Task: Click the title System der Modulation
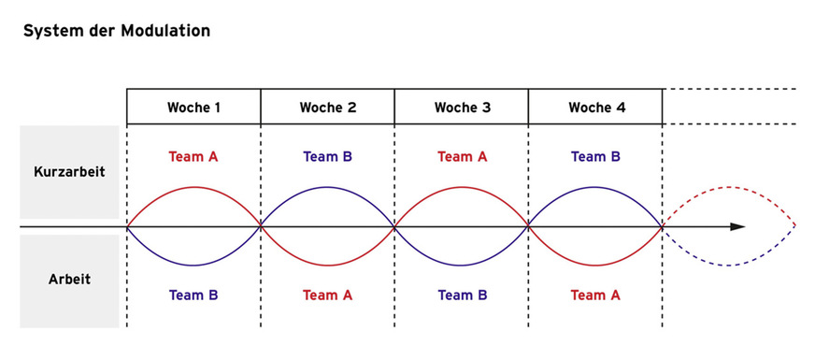116,31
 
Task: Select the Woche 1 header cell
193,108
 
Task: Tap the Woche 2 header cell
327,108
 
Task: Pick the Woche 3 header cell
462,108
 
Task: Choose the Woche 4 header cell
595,108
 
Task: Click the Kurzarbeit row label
69,173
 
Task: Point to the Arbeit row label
69,280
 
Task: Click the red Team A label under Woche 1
193,157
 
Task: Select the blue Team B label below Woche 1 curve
193,295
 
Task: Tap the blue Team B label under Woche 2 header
327,157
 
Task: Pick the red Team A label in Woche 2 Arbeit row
327,295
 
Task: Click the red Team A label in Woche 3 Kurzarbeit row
462,157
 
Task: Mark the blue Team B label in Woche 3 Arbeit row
462,295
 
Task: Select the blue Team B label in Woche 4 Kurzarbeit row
595,157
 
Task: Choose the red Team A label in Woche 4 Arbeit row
595,295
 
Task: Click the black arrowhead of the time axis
737,226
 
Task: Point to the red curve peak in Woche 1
193,187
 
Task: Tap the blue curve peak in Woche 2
327,187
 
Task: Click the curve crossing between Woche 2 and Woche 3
394,226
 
